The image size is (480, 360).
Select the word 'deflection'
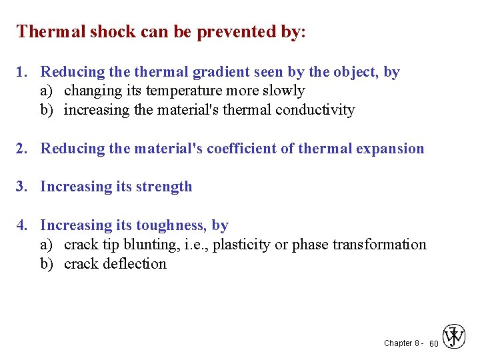[134, 264]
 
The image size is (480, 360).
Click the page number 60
[433, 343]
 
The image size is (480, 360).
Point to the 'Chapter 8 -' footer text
[402, 343]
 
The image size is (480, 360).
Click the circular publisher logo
[455, 337]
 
